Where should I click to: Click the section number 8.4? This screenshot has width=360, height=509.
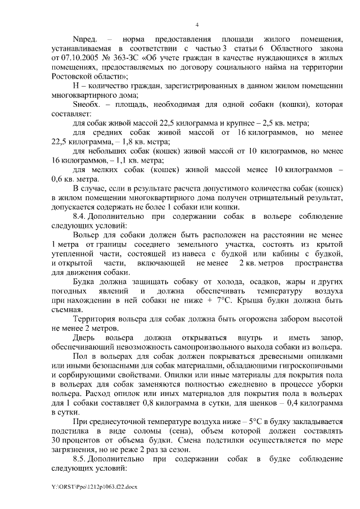[x=82, y=216]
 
